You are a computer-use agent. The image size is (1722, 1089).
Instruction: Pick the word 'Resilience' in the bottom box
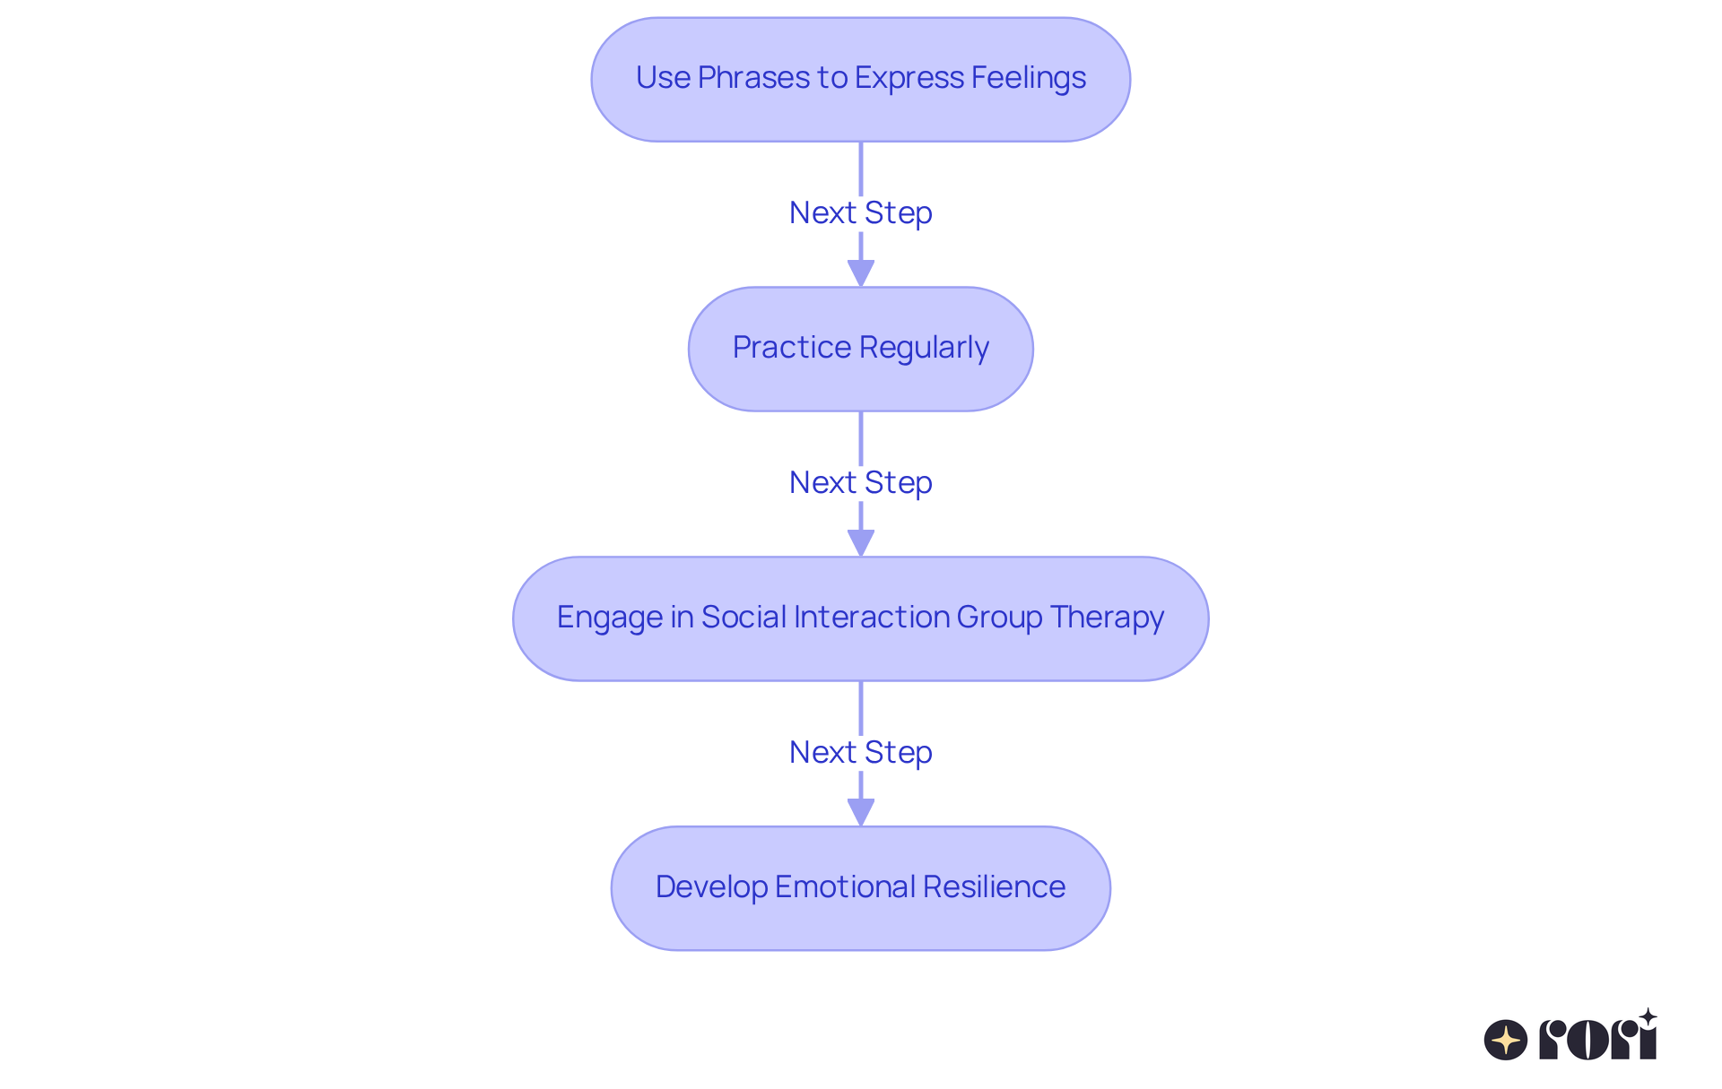[994, 887]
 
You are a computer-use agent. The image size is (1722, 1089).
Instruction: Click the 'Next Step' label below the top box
[860, 213]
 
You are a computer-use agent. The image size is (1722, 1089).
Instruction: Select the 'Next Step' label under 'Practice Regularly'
[860, 483]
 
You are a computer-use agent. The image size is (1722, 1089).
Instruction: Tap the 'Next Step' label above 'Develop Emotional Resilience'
[860, 753]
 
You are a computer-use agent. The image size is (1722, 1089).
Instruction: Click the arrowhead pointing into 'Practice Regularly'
[860, 272]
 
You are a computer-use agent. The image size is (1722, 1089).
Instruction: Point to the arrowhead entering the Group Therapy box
[860, 542]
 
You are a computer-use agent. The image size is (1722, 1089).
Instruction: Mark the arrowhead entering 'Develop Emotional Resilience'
[860, 812]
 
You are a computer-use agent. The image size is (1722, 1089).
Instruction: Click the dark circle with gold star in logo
[1505, 1041]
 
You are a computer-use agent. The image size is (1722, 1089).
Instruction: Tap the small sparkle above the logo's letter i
[1648, 1017]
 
